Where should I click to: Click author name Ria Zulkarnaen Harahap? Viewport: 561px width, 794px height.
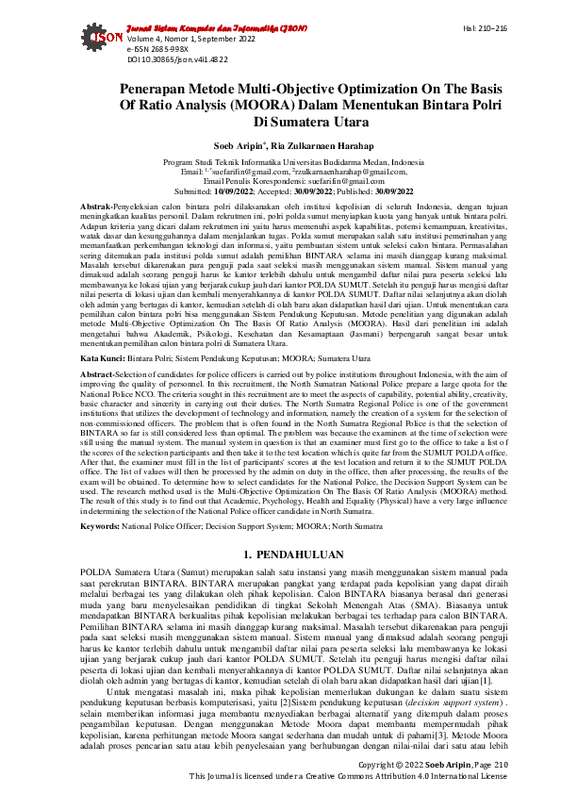point(309,147)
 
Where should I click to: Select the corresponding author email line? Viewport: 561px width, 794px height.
point(280,180)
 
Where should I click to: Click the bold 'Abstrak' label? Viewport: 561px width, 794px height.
point(96,206)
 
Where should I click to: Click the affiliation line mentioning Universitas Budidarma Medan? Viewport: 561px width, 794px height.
point(280,163)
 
